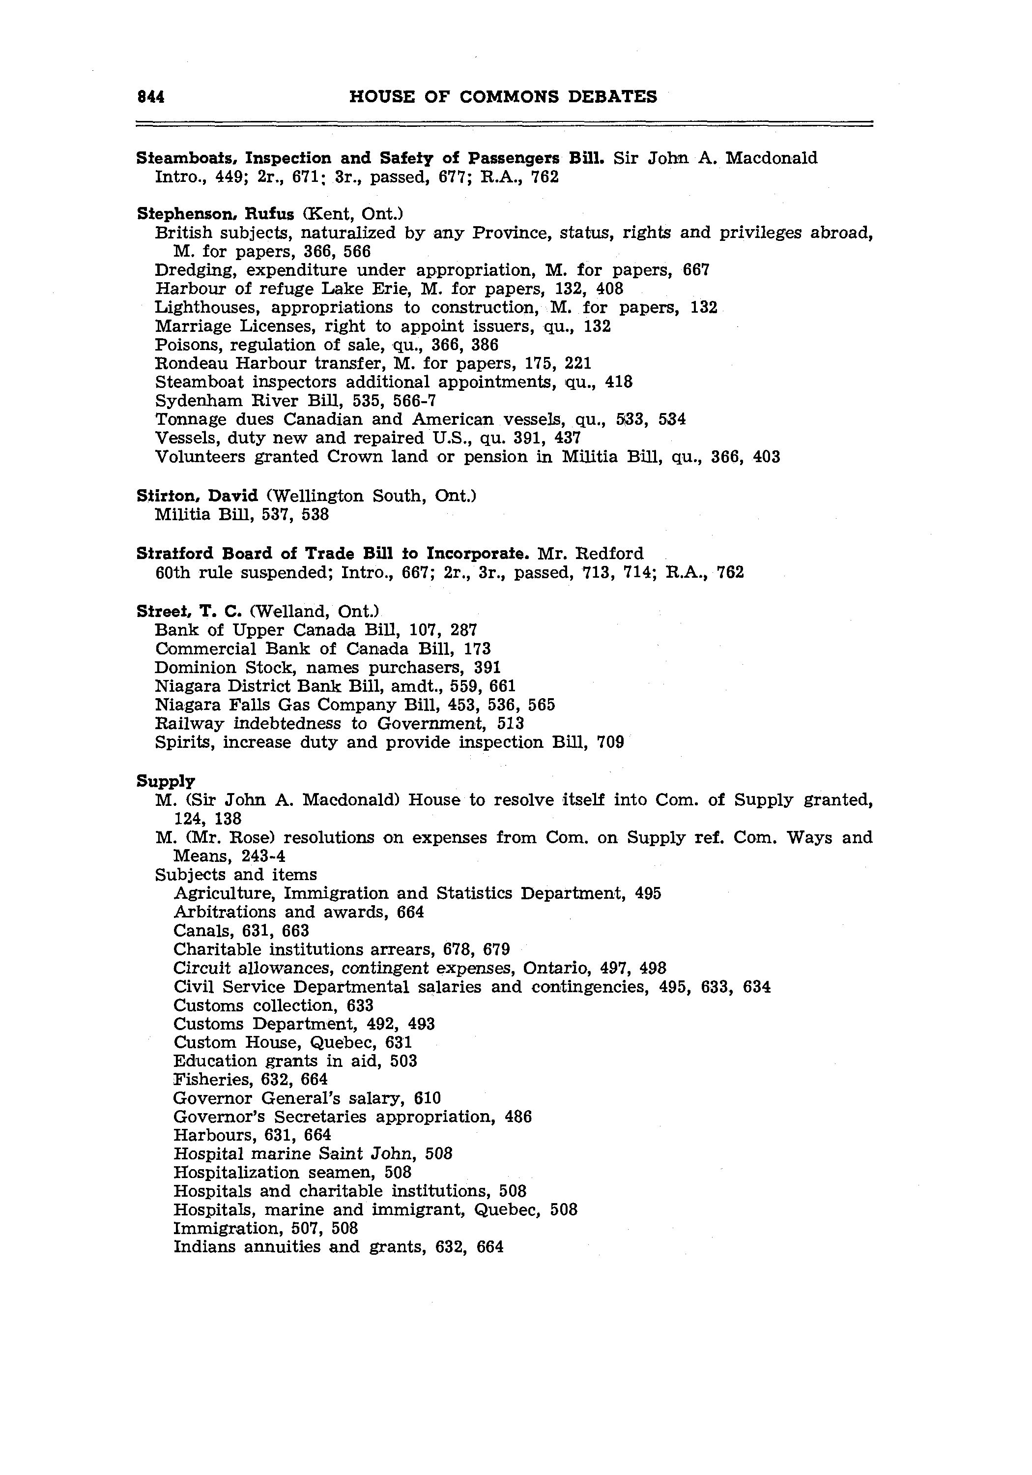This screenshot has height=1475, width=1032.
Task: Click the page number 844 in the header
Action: pyautogui.click(x=151, y=96)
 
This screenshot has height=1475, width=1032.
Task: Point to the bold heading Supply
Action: pyautogui.click(x=166, y=781)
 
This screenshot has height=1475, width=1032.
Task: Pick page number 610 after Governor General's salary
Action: pyautogui.click(x=428, y=1098)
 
